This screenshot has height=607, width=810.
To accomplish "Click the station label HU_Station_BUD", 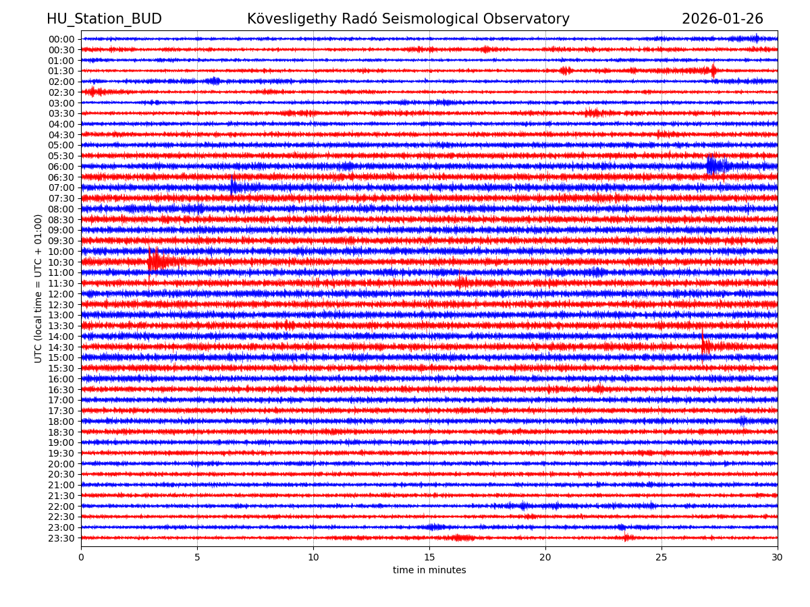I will click(x=104, y=19).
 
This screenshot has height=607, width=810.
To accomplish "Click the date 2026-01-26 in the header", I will click(x=722, y=19).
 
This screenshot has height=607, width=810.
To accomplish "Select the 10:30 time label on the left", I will click(x=61, y=262).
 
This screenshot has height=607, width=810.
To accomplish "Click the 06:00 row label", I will click(x=61, y=167).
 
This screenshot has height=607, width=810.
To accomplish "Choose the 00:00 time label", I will click(x=61, y=39).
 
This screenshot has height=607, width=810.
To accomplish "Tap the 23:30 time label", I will click(x=61, y=538).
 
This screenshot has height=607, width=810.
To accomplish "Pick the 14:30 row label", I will click(x=61, y=347).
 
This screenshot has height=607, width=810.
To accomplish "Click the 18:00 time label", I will click(x=61, y=422).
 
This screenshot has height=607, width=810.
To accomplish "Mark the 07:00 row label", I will click(x=61, y=187).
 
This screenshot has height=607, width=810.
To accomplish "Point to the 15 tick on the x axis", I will click(x=429, y=557).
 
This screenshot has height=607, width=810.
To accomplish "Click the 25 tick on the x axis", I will click(x=661, y=557).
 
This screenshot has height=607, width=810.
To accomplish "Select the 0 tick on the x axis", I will click(x=81, y=557).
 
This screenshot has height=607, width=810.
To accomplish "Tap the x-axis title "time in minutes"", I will click(x=429, y=571).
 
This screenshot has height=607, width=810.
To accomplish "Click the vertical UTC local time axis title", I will click(x=38, y=288).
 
